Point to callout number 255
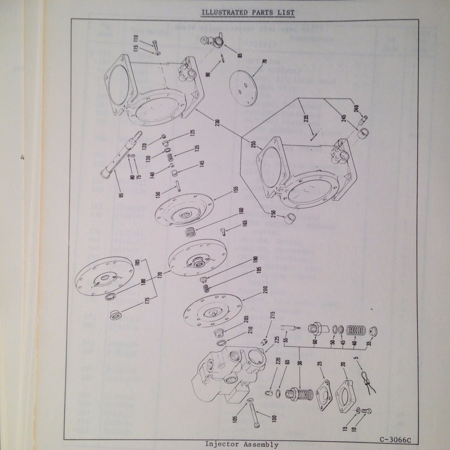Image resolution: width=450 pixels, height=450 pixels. (x=254, y=144)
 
